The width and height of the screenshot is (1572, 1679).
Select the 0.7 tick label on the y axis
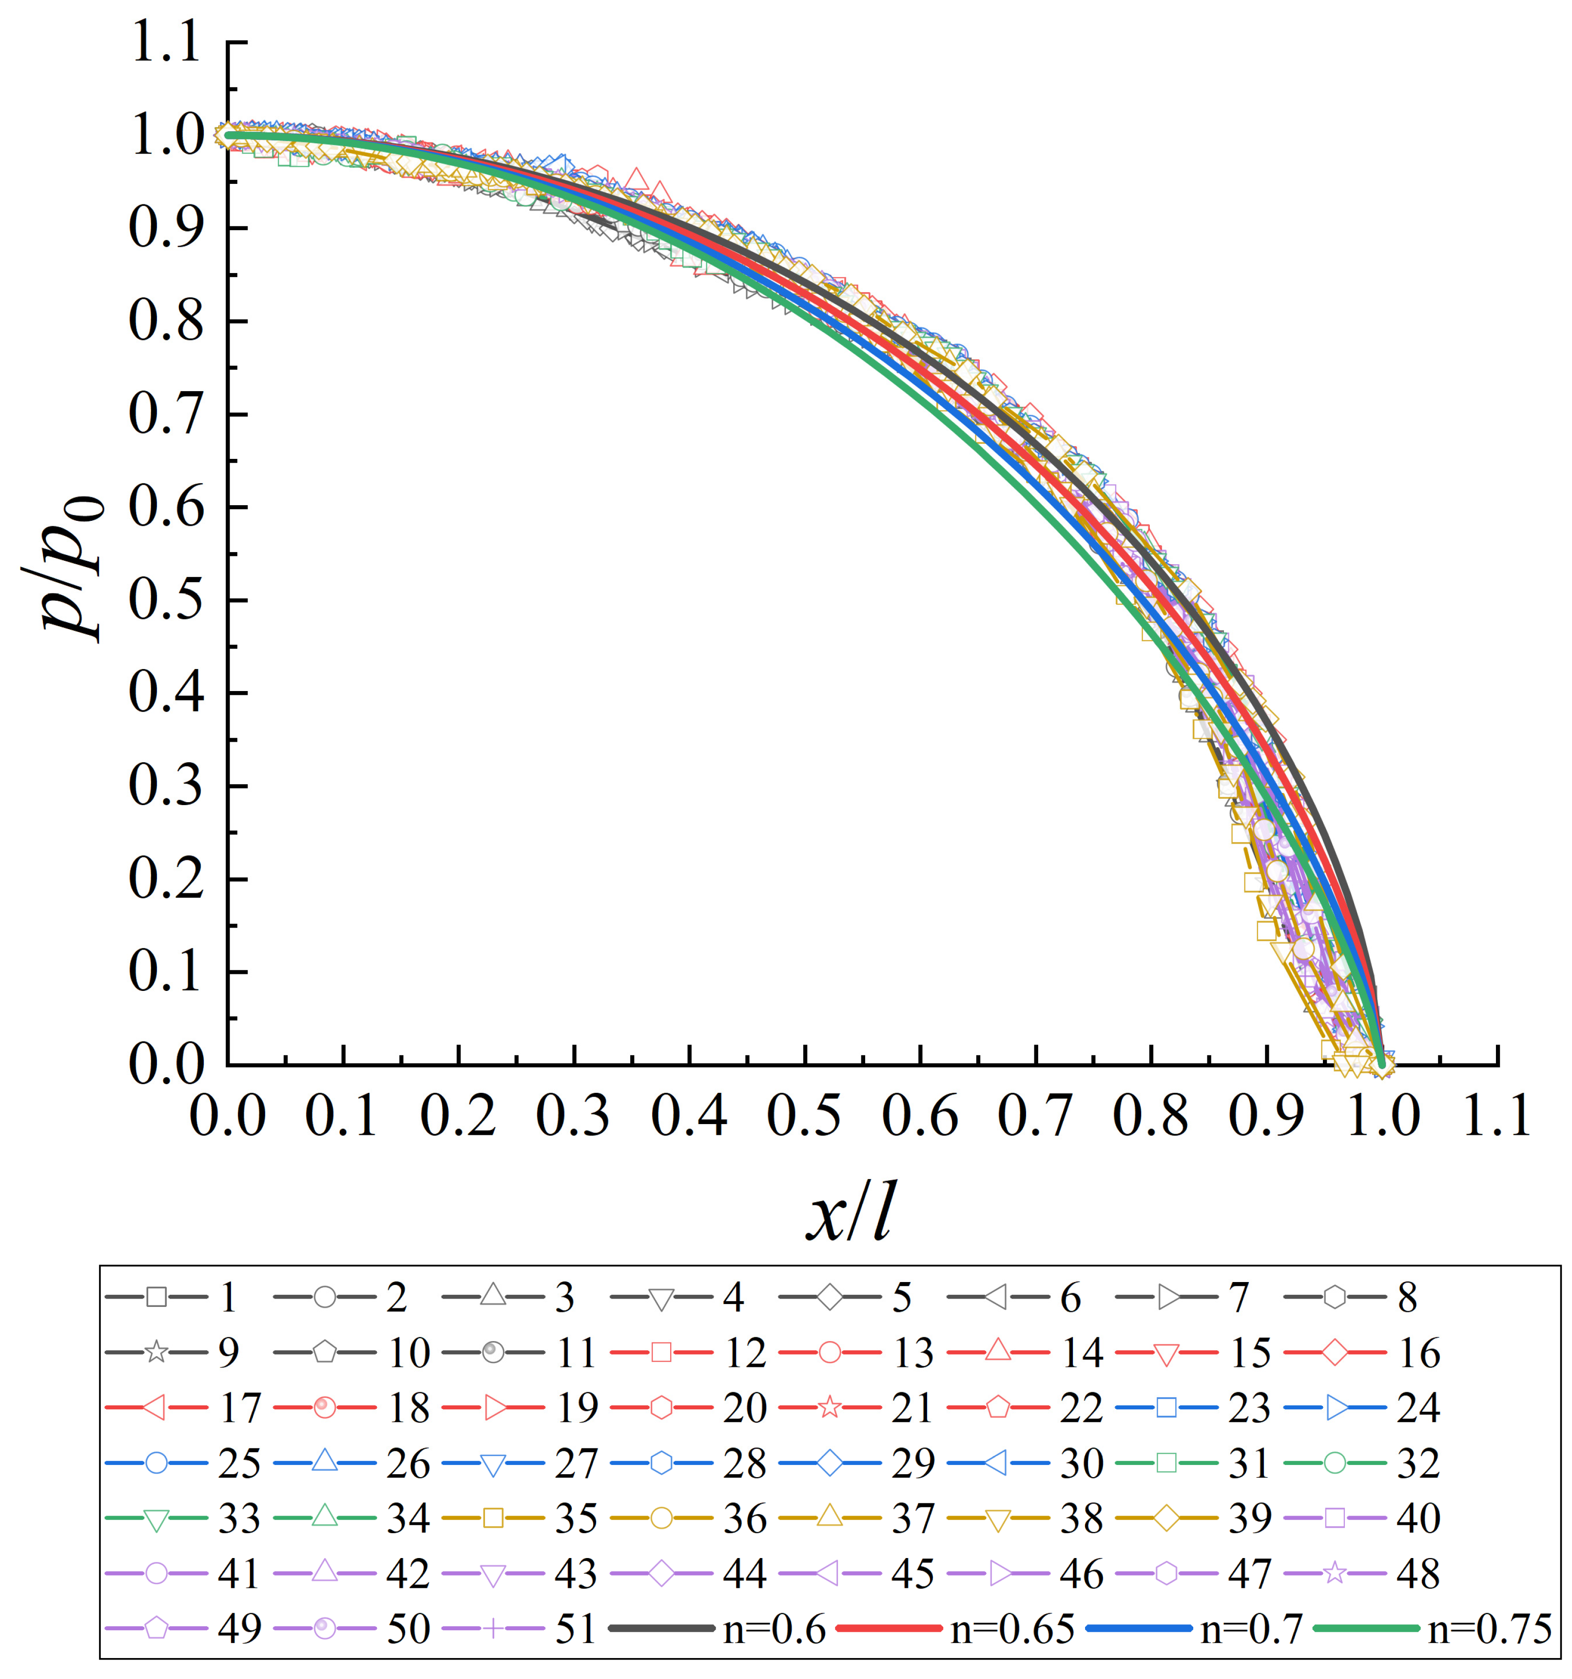(166, 415)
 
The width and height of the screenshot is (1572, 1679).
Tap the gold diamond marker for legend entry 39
(1166, 1519)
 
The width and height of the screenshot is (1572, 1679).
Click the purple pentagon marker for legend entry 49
(155, 1629)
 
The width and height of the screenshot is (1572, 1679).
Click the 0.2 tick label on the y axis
(166, 879)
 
